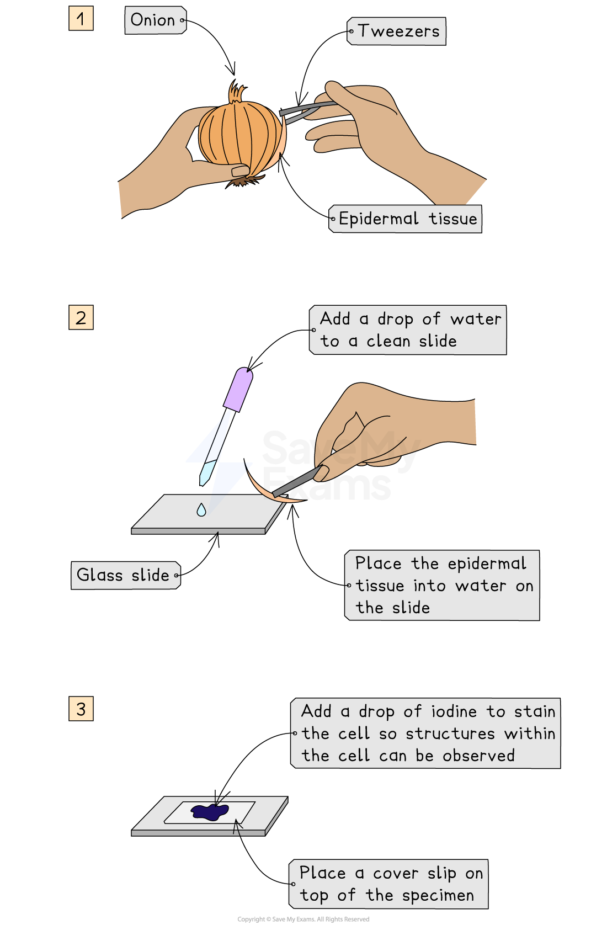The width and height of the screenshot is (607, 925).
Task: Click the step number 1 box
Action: tap(81, 19)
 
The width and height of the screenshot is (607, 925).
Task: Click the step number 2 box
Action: tap(81, 318)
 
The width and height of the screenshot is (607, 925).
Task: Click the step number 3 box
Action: tap(81, 709)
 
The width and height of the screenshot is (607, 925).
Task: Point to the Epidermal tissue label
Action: tap(407, 219)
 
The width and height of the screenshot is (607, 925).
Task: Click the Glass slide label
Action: tap(124, 576)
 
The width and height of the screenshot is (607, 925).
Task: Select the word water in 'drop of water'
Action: tap(476, 319)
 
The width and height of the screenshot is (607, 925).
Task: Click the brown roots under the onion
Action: tap(243, 180)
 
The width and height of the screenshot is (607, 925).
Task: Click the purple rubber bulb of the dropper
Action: tap(238, 390)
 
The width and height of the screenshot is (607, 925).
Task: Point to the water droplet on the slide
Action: tap(201, 510)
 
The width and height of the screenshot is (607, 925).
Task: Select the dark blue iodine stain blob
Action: tap(210, 812)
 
